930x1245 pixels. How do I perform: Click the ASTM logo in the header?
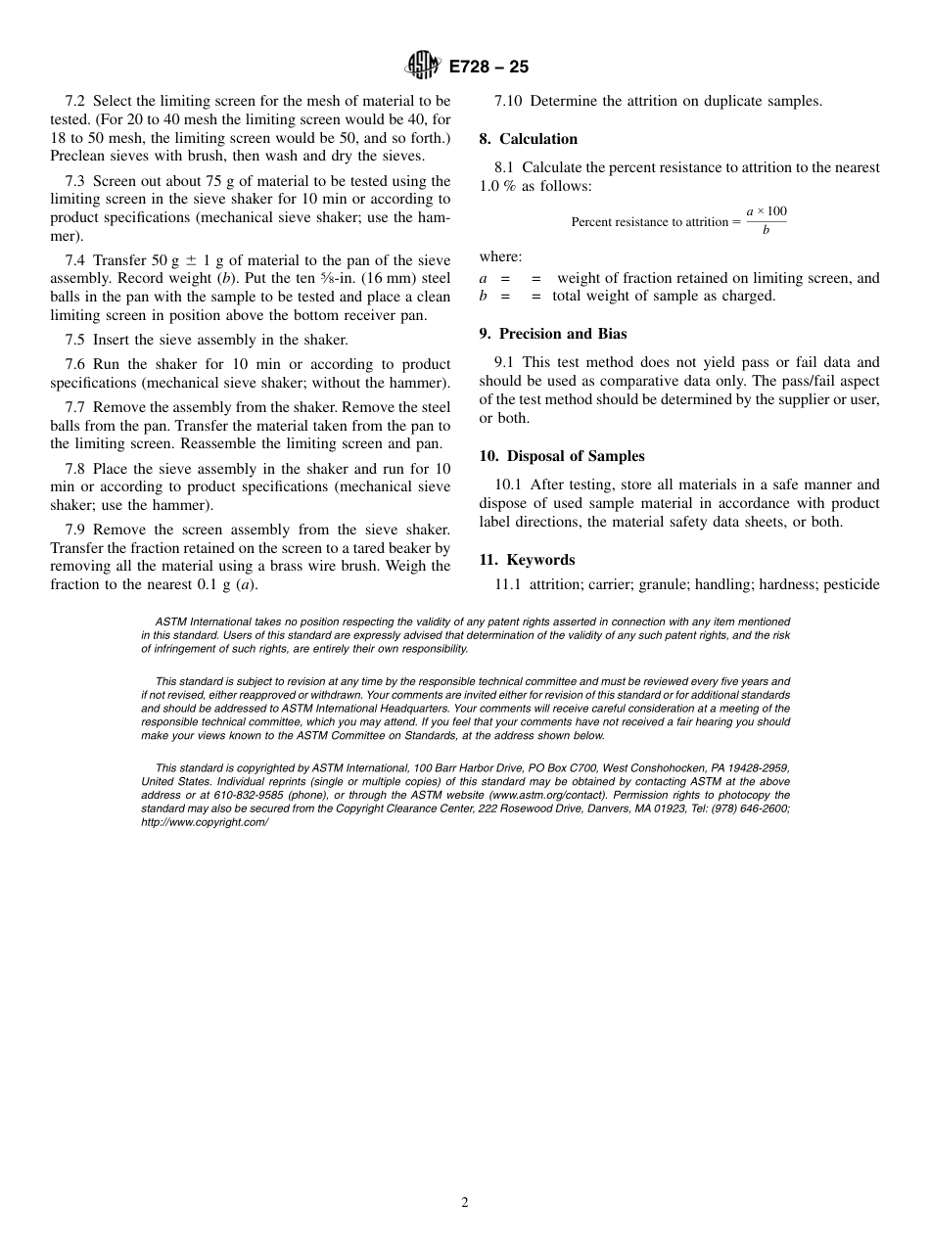(423, 66)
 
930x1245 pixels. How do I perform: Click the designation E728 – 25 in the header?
(488, 67)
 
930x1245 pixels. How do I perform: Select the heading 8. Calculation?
(529, 139)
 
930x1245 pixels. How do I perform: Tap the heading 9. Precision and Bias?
(553, 334)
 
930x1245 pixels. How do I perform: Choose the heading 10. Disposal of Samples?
(562, 456)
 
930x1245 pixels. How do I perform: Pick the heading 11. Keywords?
(527, 560)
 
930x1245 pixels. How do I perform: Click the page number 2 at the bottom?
(465, 1203)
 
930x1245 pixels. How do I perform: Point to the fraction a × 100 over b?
(766, 221)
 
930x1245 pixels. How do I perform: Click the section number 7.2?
(75, 101)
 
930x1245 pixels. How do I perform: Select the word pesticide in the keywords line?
(852, 584)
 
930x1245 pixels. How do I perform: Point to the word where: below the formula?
(500, 256)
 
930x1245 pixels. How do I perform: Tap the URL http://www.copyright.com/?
(205, 823)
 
